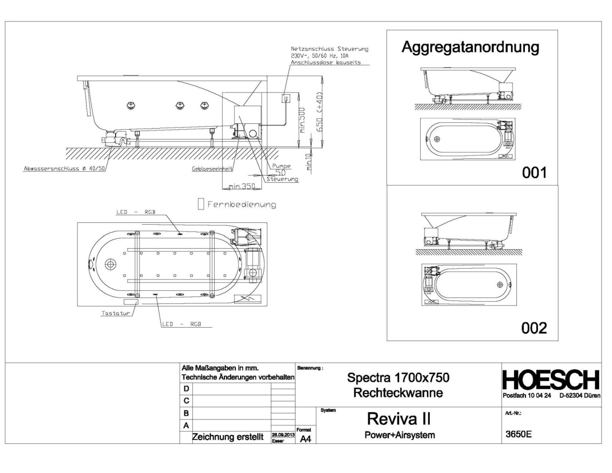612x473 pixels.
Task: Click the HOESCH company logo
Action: (551, 380)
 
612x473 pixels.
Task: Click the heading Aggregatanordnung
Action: (470, 47)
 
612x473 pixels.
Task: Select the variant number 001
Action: (534, 172)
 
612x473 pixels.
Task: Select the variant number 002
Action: (534, 328)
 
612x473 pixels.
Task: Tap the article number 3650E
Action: (518, 434)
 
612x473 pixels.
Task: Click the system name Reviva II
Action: (399, 418)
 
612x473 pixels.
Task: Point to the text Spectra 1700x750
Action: (398, 378)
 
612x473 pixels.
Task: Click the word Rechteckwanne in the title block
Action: (398, 393)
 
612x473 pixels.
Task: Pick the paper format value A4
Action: (305, 439)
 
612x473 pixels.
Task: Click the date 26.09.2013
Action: (282, 434)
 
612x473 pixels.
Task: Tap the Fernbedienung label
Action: (241, 205)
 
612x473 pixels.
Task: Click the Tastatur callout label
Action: (116, 314)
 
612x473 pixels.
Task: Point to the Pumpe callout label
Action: (281, 166)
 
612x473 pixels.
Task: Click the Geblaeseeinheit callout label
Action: (212, 169)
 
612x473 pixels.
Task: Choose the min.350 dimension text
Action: (242, 186)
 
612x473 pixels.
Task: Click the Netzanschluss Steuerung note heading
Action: (329, 49)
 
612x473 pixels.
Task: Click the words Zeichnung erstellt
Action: (228, 437)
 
